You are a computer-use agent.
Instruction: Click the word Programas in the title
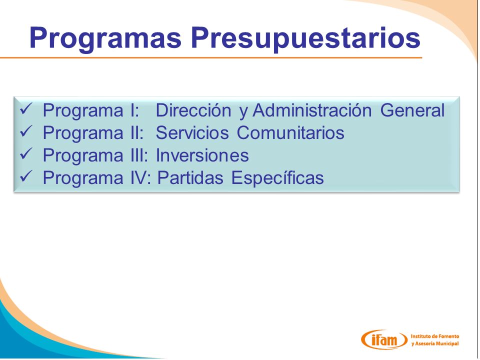tap(105, 38)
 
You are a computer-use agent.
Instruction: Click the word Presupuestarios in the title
tap(305, 39)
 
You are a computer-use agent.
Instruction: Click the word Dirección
tap(193, 110)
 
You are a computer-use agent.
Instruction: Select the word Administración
tap(312, 110)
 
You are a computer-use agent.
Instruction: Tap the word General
tap(412, 110)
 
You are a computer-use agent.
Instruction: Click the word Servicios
tap(192, 133)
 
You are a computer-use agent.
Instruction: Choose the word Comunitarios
tap(290, 133)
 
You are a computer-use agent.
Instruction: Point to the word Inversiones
tap(202, 155)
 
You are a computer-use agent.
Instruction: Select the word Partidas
tap(190, 178)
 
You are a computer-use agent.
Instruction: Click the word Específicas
tap(277, 178)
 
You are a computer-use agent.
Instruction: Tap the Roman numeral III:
tap(139, 155)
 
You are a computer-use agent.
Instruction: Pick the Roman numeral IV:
tap(141, 178)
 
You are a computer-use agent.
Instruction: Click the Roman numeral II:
tap(137, 133)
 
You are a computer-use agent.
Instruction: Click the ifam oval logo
tap(384, 339)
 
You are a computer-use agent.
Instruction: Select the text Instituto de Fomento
tap(434, 336)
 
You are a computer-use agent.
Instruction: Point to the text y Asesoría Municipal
tap(434, 343)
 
